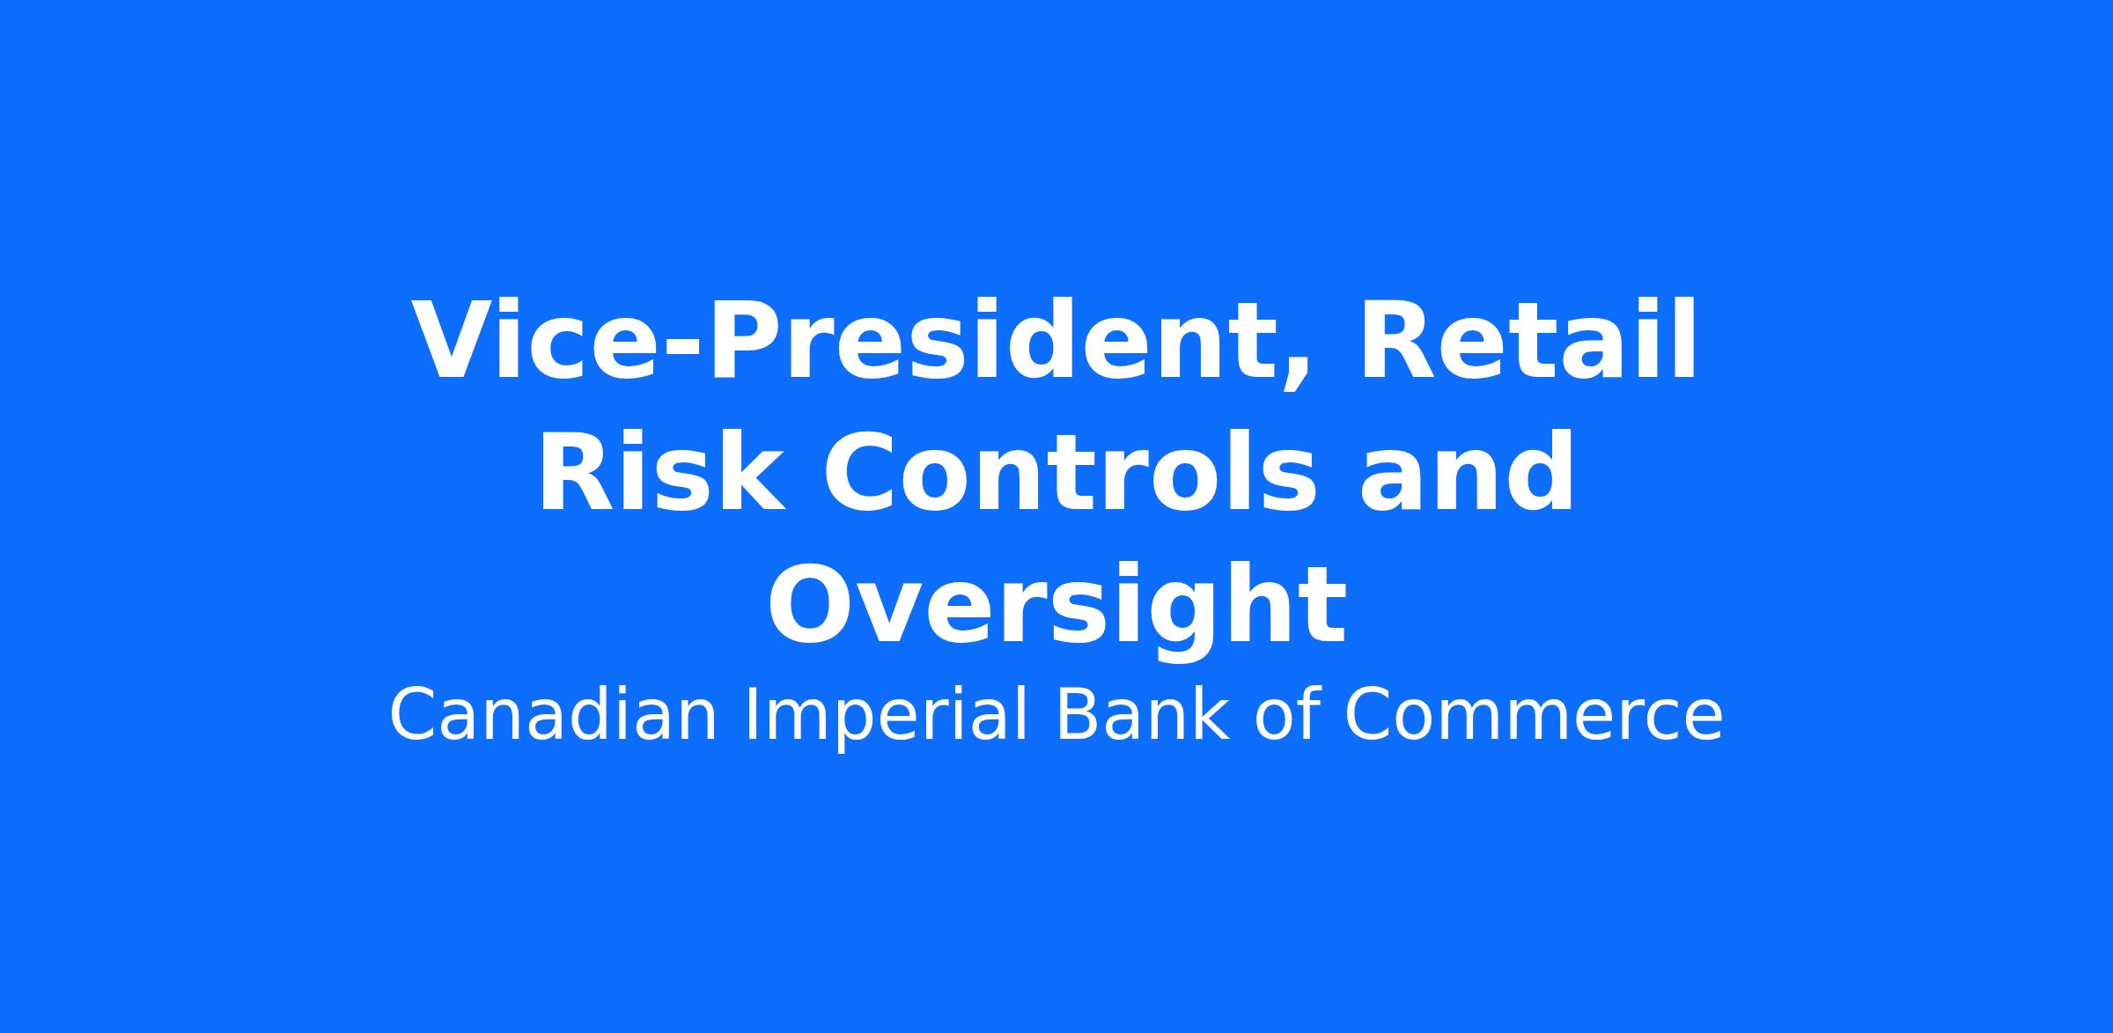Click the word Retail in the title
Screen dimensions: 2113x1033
click(1528, 340)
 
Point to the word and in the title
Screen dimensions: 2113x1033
click(1466, 472)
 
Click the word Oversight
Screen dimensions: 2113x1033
click(1056, 608)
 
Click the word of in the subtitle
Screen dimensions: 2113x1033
click(1286, 715)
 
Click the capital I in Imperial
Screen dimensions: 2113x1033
click(751, 715)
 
